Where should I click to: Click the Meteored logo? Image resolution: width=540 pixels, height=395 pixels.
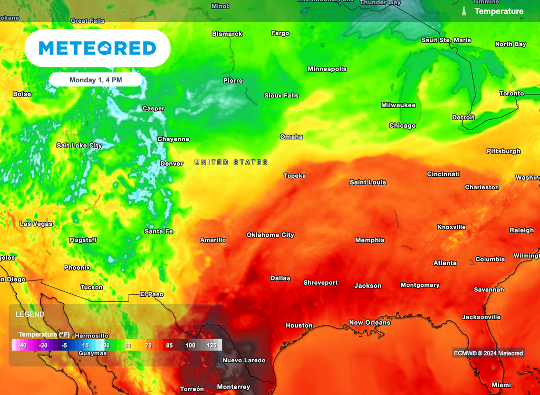(98, 49)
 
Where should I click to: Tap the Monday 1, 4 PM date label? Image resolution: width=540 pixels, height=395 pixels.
(95, 80)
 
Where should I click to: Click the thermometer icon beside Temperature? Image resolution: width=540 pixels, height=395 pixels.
(464, 11)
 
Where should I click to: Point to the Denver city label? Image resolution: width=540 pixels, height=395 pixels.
(171, 163)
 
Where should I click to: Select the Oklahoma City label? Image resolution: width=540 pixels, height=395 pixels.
(271, 235)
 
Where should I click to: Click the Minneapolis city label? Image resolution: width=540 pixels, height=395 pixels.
(327, 69)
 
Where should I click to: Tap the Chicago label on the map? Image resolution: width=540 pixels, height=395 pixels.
(402, 126)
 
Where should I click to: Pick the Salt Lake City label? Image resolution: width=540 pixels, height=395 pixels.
(80, 146)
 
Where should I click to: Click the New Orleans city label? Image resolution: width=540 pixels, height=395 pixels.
(370, 323)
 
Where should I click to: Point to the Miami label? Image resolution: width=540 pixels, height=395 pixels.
(501, 385)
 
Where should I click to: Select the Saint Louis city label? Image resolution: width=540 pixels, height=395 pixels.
(368, 182)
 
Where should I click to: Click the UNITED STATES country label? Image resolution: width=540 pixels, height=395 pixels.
(231, 162)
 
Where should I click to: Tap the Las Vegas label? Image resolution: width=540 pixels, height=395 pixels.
(36, 224)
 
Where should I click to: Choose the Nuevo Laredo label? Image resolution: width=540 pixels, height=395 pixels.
(244, 361)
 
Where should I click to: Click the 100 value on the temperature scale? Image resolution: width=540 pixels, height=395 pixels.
(190, 345)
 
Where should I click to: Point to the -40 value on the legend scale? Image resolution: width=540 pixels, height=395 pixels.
(22, 345)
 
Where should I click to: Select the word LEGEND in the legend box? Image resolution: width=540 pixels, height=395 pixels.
(30, 314)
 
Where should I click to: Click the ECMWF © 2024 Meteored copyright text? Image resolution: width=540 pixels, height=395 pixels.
(488, 353)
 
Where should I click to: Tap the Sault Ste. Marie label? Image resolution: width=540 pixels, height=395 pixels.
(446, 40)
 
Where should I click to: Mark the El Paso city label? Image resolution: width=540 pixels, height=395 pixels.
(151, 294)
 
